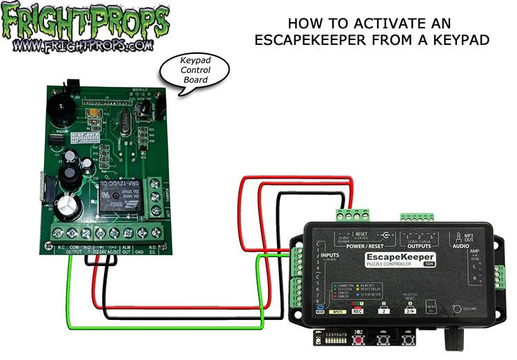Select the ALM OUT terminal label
pyautogui.click(x=128, y=249)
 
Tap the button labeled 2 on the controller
pyautogui.click(x=383, y=311)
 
